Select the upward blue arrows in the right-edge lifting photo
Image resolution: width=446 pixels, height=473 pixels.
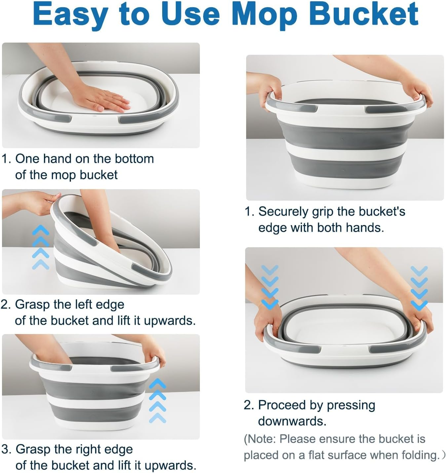click(157, 401)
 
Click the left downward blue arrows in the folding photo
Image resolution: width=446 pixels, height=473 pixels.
click(270, 287)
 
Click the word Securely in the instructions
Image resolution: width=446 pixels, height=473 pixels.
click(283, 212)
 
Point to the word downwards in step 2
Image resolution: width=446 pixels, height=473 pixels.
click(292, 421)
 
